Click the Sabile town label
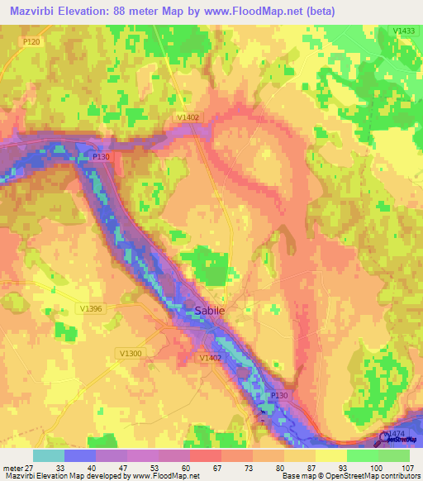coord(209,312)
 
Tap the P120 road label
coord(31,40)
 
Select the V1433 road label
coord(404,31)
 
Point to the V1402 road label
coord(188,118)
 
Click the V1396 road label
coord(92,308)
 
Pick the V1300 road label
coord(131,353)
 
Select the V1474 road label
coord(397,433)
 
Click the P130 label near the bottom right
coord(278,396)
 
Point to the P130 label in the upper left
coord(101,156)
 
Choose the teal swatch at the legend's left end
coord(49,455)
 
